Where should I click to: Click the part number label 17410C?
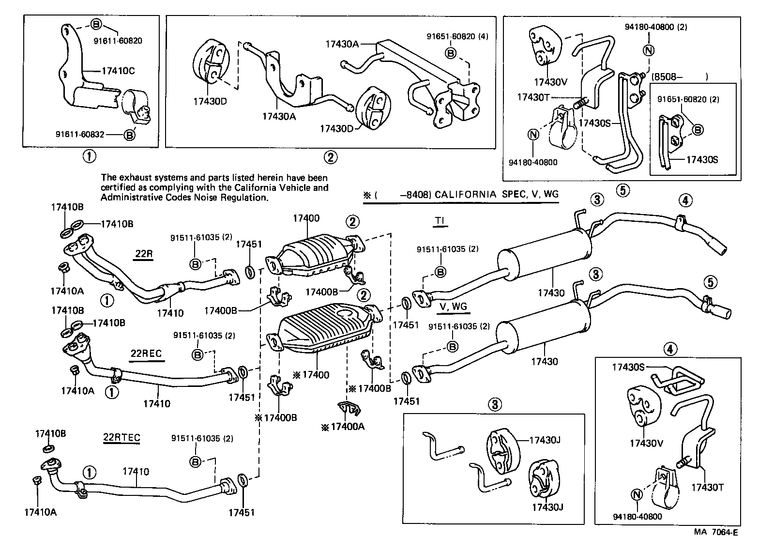pyautogui.click(x=118, y=71)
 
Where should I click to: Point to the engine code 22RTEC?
pyautogui.click(x=121, y=438)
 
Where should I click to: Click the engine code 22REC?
pyautogui.click(x=146, y=353)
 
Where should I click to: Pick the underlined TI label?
pyautogui.click(x=439, y=221)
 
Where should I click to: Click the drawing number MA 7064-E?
pyautogui.click(x=716, y=532)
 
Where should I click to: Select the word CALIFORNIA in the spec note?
pyautogui.click(x=464, y=195)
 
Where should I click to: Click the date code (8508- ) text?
pyautogui.click(x=680, y=77)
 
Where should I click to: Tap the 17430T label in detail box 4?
pyautogui.click(x=707, y=487)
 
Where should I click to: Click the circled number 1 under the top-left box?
pyautogui.click(x=89, y=156)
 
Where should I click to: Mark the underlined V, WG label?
pyautogui.click(x=454, y=306)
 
